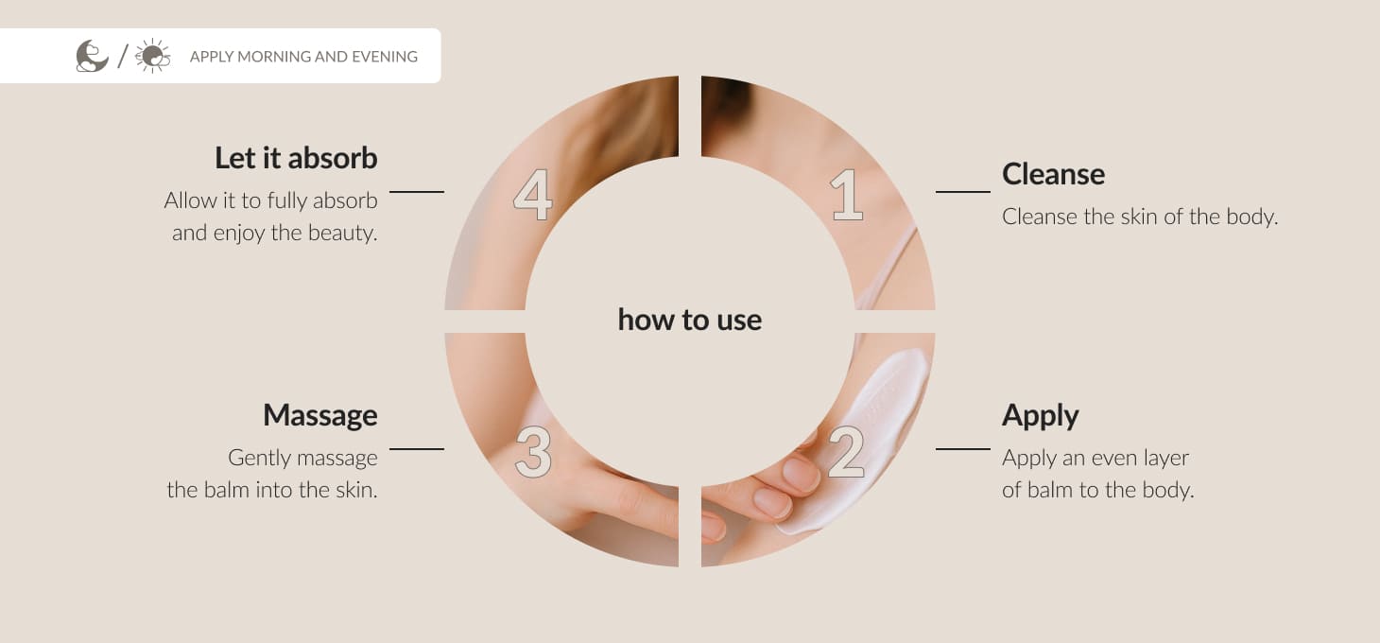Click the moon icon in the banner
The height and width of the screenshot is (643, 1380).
[x=92, y=56]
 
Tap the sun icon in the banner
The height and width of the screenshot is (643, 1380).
[x=153, y=56]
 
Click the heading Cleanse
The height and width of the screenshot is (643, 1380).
[x=1054, y=174]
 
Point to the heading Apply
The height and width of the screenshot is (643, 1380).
[x=1041, y=416]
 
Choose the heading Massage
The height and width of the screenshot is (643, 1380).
[x=320, y=416]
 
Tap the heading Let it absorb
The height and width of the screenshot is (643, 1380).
[x=297, y=158]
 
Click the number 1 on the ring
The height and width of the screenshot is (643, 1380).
[x=847, y=195]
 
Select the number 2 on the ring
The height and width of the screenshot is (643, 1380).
[x=847, y=453]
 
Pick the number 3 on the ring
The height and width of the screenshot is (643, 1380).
[x=533, y=453]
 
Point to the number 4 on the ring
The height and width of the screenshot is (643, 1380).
[x=533, y=195]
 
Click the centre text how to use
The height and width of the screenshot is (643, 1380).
[x=690, y=320]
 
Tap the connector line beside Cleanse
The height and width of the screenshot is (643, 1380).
[x=963, y=192]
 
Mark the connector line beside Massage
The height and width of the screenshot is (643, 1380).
[x=417, y=449]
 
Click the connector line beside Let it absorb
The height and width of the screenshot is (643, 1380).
[x=417, y=192]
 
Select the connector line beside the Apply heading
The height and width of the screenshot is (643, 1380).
[x=963, y=449]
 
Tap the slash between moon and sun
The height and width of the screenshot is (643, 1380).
[x=123, y=56]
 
